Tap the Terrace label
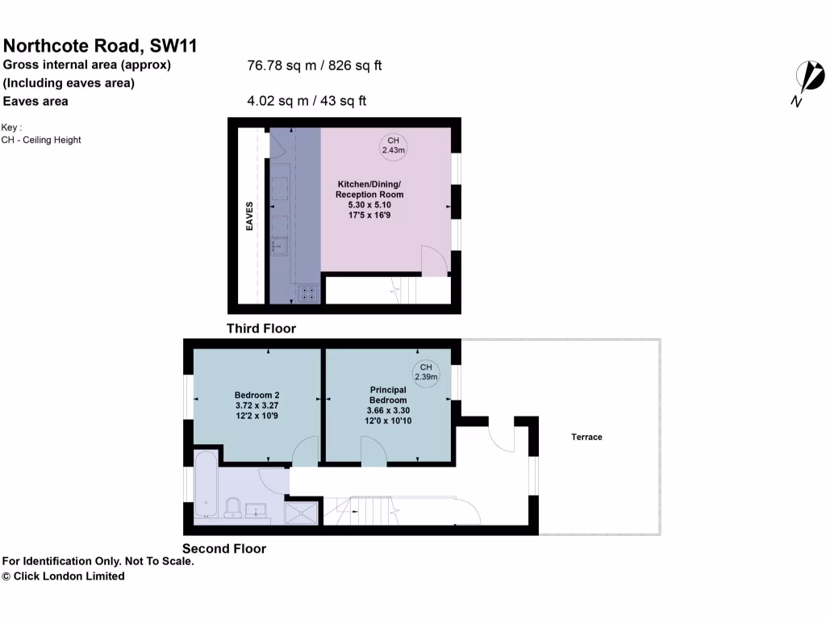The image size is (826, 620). pos(586,437)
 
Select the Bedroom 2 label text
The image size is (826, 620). pos(257,395)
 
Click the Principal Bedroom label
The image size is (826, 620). pos(388,395)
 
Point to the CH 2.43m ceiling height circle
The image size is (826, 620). pos(394,145)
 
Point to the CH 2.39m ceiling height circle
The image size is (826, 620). pos(426,371)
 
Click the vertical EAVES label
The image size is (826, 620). pos(250,216)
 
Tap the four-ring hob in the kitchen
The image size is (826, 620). pos(307,294)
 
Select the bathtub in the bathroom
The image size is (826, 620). pos(206,484)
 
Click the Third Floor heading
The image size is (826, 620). pos(261,329)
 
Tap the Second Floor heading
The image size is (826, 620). pos(224,549)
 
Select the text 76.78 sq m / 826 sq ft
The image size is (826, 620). pos(314,65)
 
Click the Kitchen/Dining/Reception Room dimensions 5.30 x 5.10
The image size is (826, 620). pos(369,205)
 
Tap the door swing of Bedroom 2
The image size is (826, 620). pos(305,453)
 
